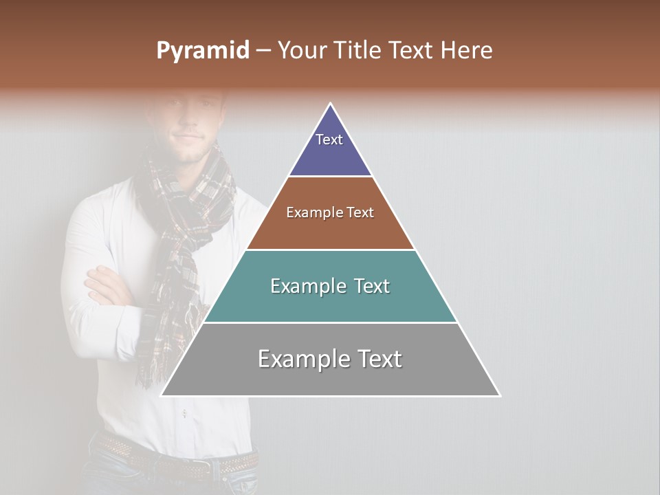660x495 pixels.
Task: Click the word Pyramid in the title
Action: [x=203, y=51]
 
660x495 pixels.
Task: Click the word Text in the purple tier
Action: [x=329, y=140]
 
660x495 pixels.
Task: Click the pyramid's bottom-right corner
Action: [x=499, y=395]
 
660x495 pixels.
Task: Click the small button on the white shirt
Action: [x=184, y=413]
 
